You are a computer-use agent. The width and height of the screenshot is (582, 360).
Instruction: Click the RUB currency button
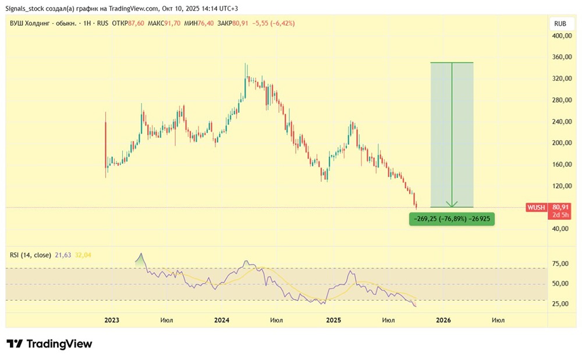point(560,24)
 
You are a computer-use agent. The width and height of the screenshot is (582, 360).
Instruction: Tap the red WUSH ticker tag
point(535,207)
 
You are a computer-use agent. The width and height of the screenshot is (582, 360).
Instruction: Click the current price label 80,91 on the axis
point(561,207)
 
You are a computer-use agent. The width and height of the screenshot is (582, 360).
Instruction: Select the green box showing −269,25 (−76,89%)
point(452,219)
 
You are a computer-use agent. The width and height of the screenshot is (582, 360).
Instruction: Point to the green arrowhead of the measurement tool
point(452,204)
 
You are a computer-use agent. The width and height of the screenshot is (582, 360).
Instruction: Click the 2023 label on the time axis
point(112,320)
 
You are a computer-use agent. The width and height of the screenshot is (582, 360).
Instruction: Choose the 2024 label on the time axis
point(222,320)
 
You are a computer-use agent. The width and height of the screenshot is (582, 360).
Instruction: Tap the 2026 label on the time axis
point(443,320)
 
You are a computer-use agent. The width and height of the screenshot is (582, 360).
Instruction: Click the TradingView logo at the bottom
point(49,344)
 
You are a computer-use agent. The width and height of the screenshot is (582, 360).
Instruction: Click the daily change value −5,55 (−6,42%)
point(275,23)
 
